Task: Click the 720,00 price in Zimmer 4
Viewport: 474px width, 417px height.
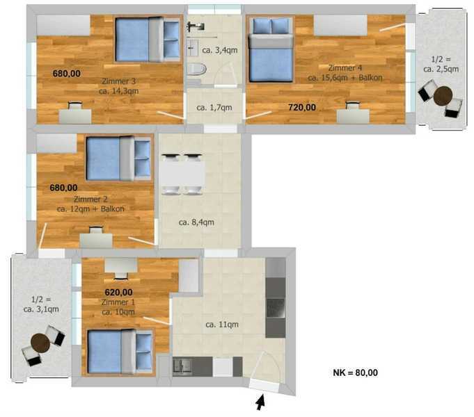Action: click(x=302, y=107)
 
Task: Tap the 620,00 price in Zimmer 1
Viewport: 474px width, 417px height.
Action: click(x=118, y=293)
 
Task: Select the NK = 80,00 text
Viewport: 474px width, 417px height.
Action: click(x=355, y=373)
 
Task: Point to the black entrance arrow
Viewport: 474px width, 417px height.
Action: click(x=260, y=402)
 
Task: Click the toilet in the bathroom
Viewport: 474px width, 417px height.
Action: click(x=196, y=69)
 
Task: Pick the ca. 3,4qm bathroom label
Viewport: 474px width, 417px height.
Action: click(x=220, y=50)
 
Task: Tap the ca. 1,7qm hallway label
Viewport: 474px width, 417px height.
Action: click(x=214, y=108)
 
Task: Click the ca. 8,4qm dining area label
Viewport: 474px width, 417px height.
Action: click(x=196, y=222)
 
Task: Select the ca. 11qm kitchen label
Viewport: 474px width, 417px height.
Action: click(x=222, y=325)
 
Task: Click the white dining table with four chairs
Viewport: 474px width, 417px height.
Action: click(x=182, y=174)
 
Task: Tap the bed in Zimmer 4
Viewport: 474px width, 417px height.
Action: click(x=271, y=49)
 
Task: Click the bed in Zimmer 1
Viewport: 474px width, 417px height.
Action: click(x=120, y=352)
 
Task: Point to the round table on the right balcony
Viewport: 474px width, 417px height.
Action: click(x=443, y=96)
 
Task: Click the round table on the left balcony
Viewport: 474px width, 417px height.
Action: click(x=40, y=343)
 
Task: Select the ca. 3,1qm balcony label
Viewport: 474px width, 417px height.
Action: click(x=41, y=309)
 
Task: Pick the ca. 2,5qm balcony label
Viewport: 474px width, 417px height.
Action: click(x=441, y=69)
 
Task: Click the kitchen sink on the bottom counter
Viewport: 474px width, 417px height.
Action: click(x=182, y=366)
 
